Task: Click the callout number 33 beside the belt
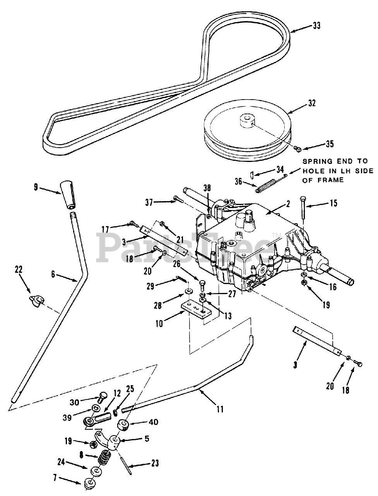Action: (x=316, y=26)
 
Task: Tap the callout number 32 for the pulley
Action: (x=312, y=103)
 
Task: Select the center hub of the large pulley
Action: (x=248, y=121)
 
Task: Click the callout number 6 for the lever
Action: (x=53, y=275)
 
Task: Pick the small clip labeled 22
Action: (x=36, y=302)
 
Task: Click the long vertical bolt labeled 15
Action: (x=303, y=207)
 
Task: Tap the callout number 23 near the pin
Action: (x=155, y=463)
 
